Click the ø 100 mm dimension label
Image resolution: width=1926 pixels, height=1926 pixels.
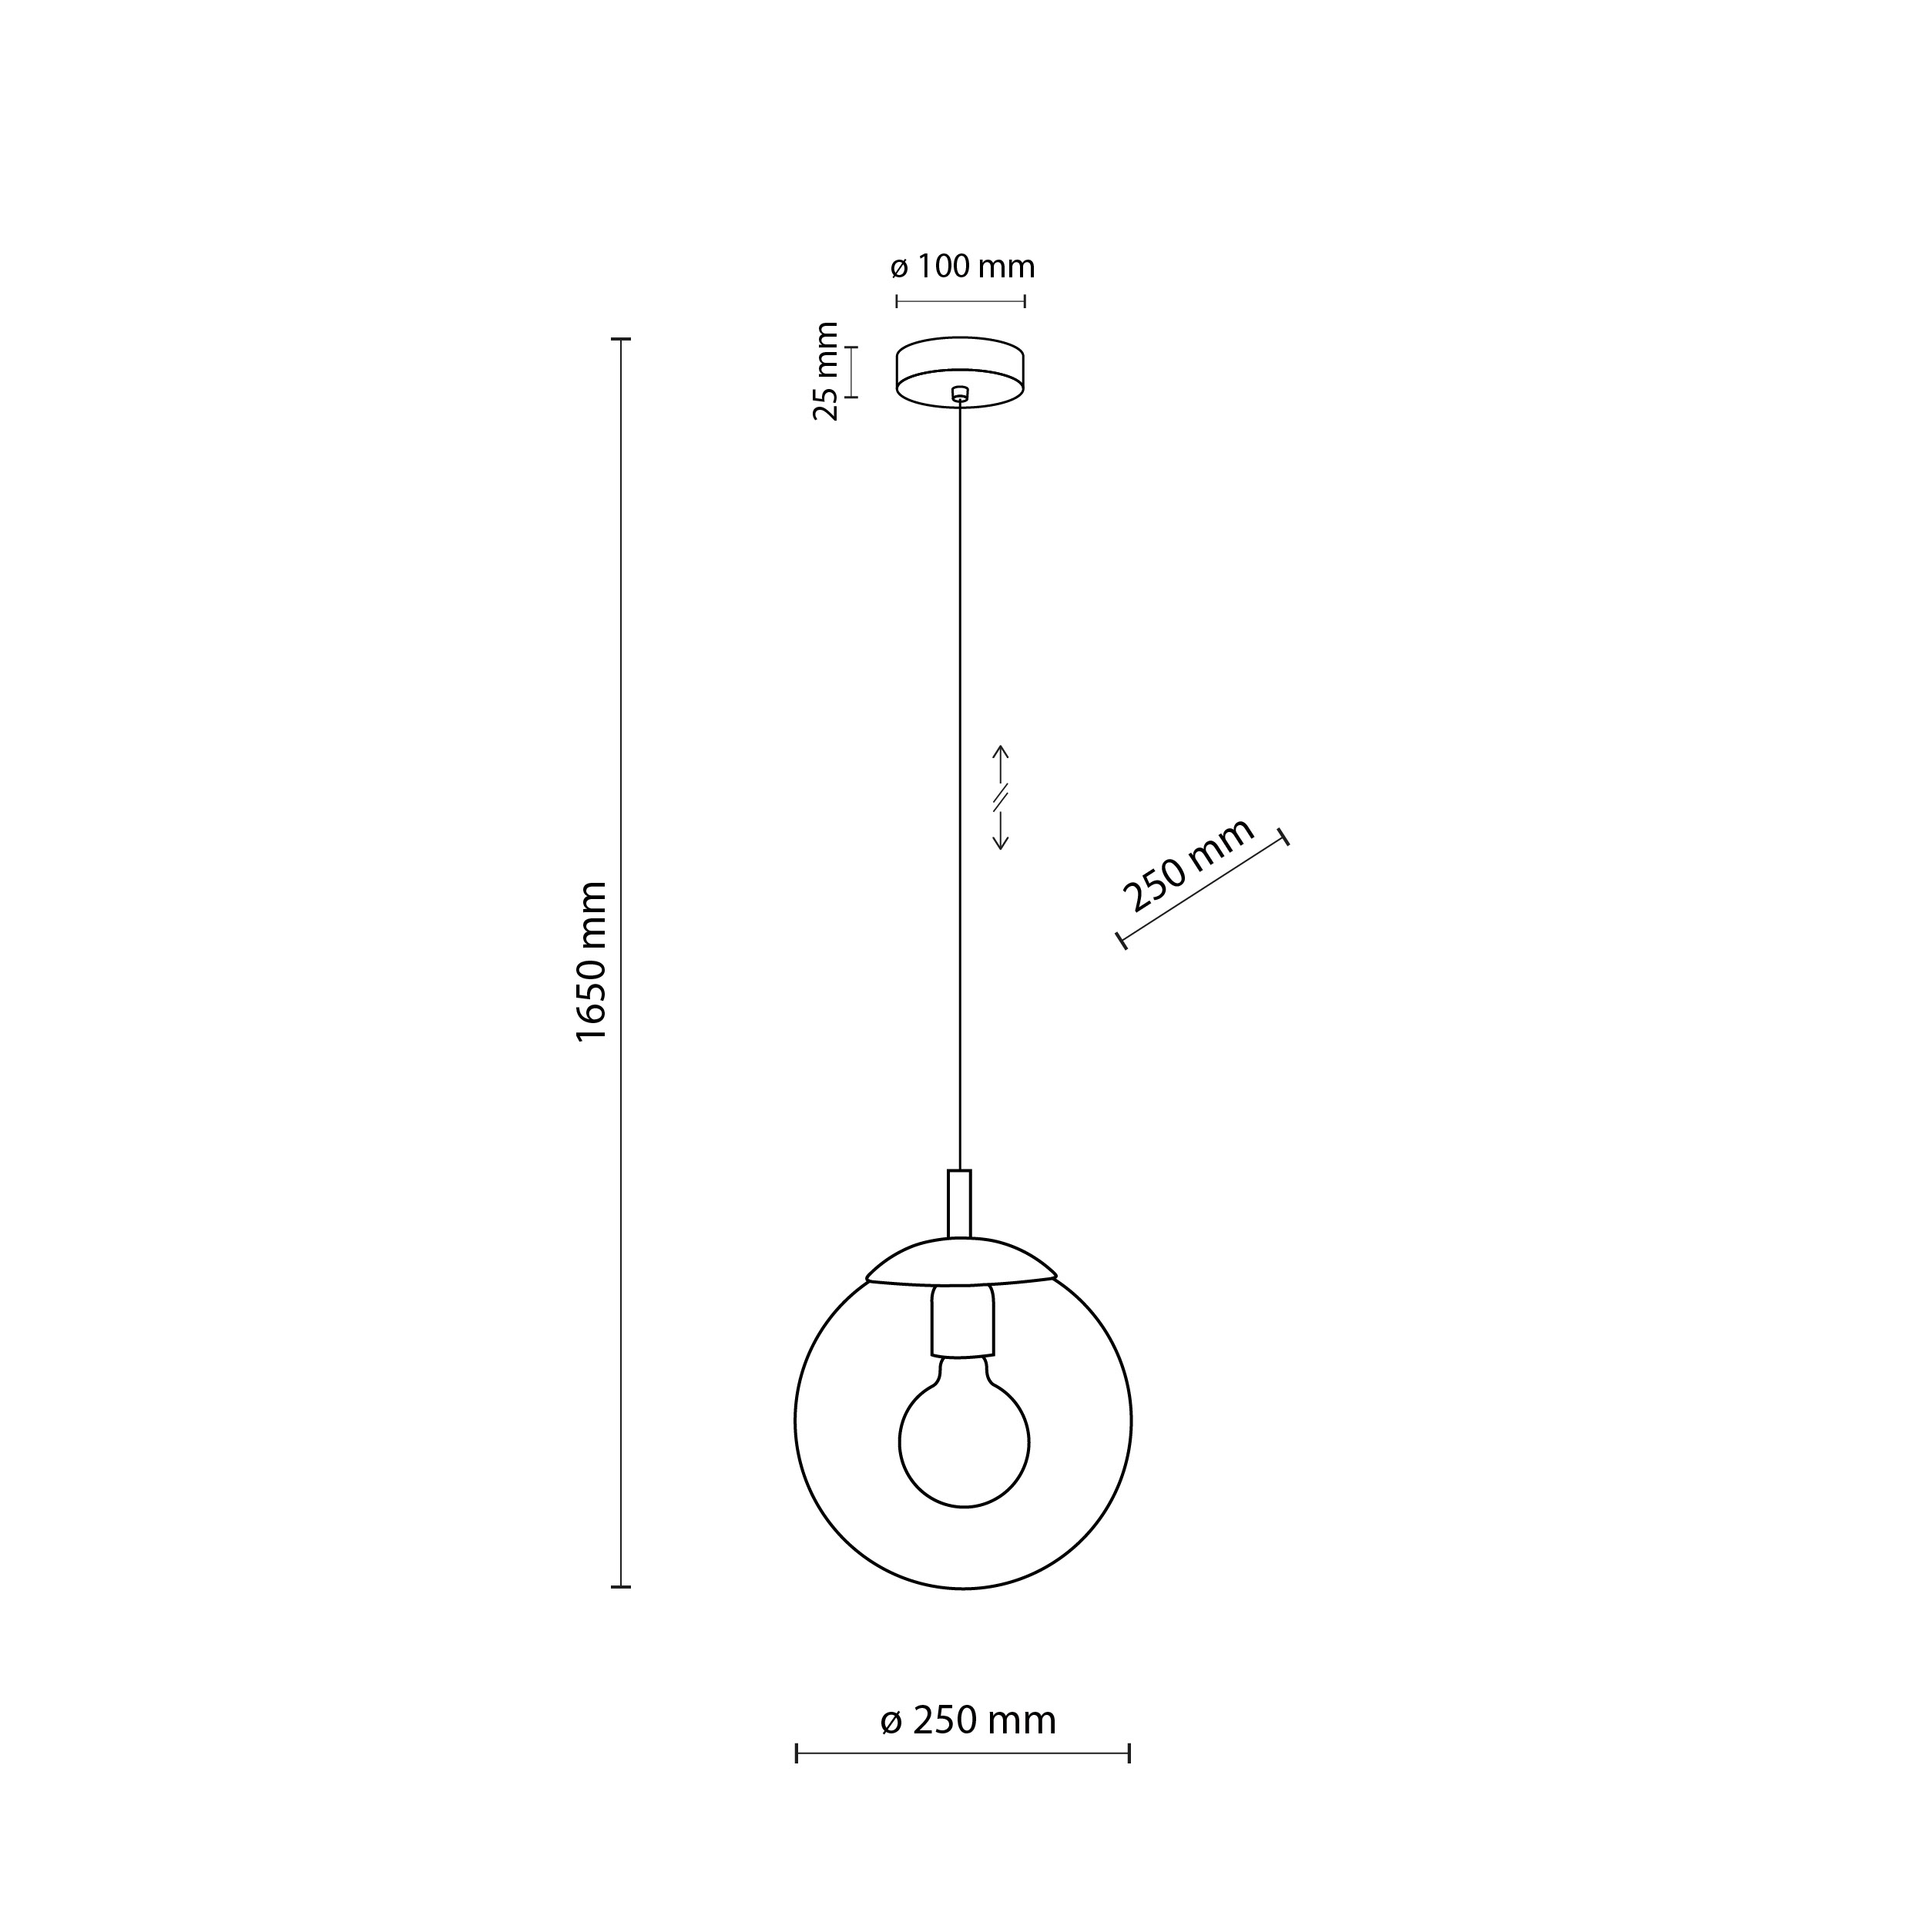(x=962, y=267)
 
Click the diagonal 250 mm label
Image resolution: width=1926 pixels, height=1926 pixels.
(x=1187, y=864)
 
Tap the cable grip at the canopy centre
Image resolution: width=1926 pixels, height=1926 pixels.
(x=960, y=394)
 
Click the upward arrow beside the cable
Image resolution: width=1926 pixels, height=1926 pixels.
(x=1002, y=763)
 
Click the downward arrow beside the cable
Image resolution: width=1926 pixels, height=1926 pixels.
(x=1002, y=832)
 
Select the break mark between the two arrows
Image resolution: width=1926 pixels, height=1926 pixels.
(x=1002, y=797)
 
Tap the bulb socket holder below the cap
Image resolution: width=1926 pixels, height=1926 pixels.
(x=963, y=1321)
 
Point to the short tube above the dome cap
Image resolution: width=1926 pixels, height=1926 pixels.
(x=959, y=1203)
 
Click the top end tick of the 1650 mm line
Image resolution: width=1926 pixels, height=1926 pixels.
(x=621, y=340)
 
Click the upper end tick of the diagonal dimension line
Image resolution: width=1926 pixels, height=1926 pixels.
(x=1284, y=837)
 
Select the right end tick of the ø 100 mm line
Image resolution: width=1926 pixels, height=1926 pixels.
(x=1025, y=301)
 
